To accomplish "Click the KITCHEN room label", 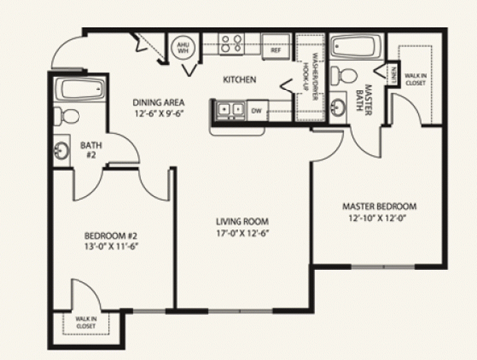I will (x=240, y=79).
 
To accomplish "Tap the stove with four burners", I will (x=232, y=43).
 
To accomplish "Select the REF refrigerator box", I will (x=276, y=46).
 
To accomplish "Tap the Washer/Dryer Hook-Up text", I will (x=309, y=70).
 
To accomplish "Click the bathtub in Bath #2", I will (x=75, y=90).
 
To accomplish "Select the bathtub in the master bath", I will (x=351, y=48).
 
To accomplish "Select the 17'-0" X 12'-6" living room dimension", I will (x=243, y=234).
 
